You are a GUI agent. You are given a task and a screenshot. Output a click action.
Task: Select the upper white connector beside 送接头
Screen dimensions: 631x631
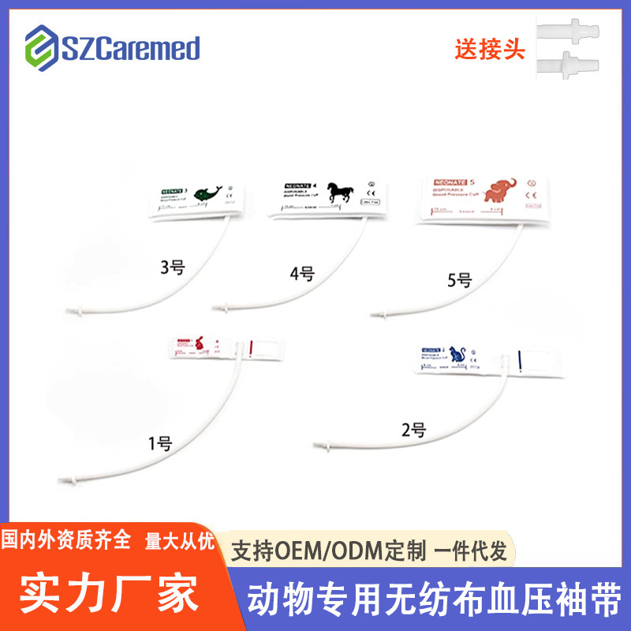[569, 32]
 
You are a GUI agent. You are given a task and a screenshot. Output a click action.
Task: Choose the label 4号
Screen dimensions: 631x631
[301, 274]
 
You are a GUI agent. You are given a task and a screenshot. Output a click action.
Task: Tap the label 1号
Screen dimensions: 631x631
[160, 443]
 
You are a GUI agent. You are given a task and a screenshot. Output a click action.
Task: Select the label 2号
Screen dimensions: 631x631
[413, 431]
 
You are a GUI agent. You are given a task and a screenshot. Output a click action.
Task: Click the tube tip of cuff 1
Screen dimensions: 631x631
[63, 480]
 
